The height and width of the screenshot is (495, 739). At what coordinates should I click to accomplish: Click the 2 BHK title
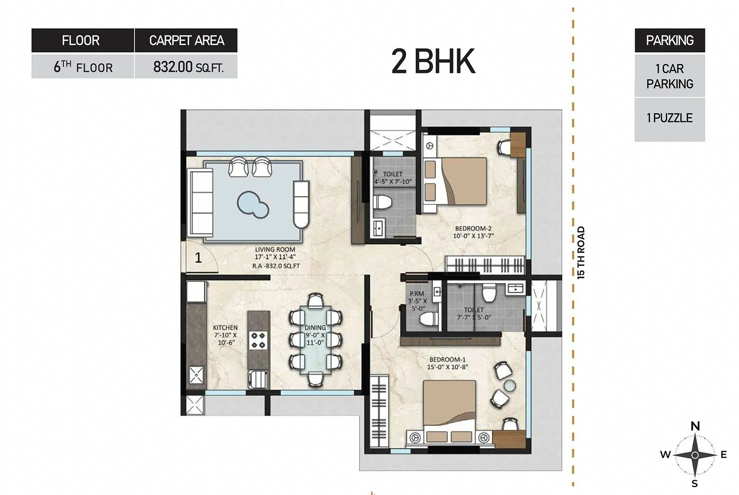point(433,61)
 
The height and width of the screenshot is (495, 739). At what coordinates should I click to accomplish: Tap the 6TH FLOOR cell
point(83,67)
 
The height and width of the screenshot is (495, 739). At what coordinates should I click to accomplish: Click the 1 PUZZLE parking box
point(669,118)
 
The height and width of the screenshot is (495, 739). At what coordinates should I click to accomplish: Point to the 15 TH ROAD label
point(581,252)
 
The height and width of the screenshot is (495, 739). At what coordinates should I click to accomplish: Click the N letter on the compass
point(695,426)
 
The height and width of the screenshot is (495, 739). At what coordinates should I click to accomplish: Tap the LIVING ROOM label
point(275,249)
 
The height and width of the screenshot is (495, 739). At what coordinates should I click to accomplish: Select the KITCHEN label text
point(225,327)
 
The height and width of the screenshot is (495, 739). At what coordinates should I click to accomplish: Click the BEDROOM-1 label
point(447,360)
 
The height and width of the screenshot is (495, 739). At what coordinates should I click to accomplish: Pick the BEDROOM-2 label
point(473,228)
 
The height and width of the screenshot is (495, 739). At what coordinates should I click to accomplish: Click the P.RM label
point(417,294)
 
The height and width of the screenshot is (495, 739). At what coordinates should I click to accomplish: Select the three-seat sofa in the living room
point(200,202)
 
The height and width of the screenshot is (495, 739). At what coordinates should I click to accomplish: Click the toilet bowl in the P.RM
point(429,318)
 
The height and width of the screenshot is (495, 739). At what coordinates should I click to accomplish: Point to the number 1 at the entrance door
point(198,257)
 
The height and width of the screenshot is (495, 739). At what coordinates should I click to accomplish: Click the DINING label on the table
point(315,327)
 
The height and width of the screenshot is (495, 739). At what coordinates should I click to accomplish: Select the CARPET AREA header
point(186,41)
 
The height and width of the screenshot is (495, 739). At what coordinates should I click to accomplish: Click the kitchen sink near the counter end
point(257,380)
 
